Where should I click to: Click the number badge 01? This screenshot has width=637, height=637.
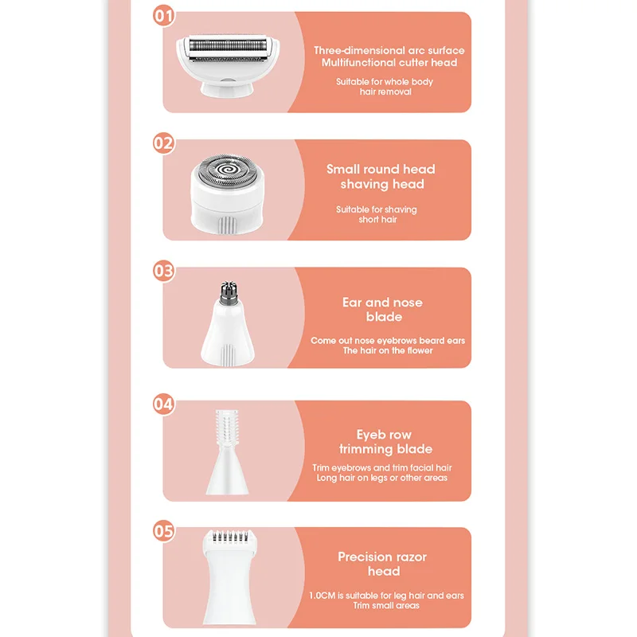pos(163,15)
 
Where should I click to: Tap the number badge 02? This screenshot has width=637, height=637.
pos(163,143)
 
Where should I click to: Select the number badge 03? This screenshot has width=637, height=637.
pos(163,271)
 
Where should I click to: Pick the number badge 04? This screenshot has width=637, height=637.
pos(163,404)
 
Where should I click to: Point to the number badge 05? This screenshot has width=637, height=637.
pos(163,531)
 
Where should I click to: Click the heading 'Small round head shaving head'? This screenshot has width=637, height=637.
pos(381,177)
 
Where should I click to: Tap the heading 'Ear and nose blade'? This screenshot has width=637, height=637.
pos(383,310)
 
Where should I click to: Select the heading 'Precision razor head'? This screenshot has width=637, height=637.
pos(383,564)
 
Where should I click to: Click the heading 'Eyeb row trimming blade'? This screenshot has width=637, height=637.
pos(384,442)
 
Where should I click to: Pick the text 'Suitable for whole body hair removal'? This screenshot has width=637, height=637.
pos(385,87)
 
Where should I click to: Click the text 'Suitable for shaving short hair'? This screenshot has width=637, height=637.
pos(377,214)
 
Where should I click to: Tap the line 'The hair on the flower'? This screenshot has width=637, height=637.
pos(388,350)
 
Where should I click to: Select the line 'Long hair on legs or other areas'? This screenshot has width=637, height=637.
pos(381,478)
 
